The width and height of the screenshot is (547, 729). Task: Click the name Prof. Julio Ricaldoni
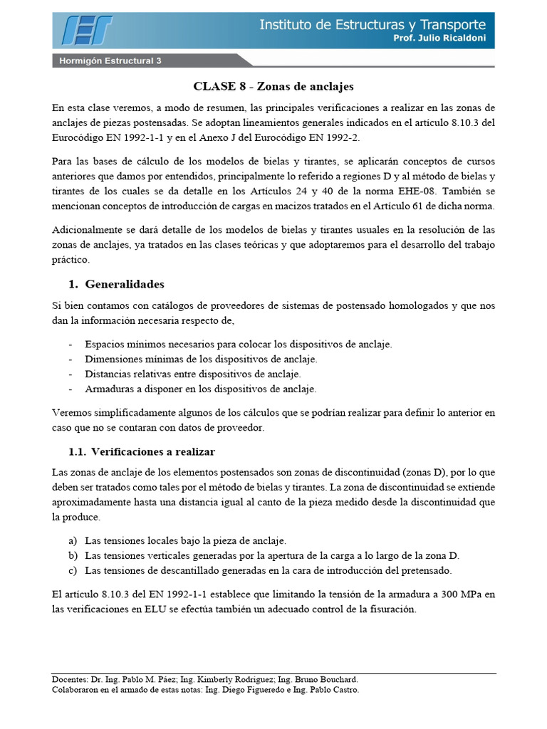[439, 38]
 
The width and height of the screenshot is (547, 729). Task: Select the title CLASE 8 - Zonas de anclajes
[273, 86]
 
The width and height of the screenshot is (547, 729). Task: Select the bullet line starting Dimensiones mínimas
[201, 359]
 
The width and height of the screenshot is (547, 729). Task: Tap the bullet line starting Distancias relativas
[192, 374]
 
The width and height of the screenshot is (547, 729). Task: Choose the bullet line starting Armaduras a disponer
[200, 389]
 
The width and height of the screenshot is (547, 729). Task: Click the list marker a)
[73, 541]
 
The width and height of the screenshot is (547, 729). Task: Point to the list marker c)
[73, 570]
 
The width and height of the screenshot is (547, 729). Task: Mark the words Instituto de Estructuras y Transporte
[373, 24]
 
